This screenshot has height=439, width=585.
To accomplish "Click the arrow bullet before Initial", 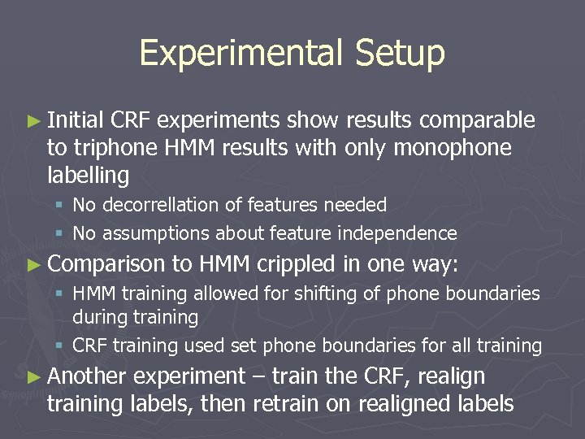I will pos(33,121).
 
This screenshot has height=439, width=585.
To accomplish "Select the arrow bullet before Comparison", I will pos(33,263).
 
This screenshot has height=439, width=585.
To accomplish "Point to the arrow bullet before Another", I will pos(33,376).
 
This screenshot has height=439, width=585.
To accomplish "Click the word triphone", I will pos(108,148).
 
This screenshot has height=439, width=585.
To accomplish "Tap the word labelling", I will pos(89,175).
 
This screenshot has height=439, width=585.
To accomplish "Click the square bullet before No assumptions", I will pos(60,234).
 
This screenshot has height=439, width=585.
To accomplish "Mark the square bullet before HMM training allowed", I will pos(60,293).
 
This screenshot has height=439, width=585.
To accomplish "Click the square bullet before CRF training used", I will pos(60,346).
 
